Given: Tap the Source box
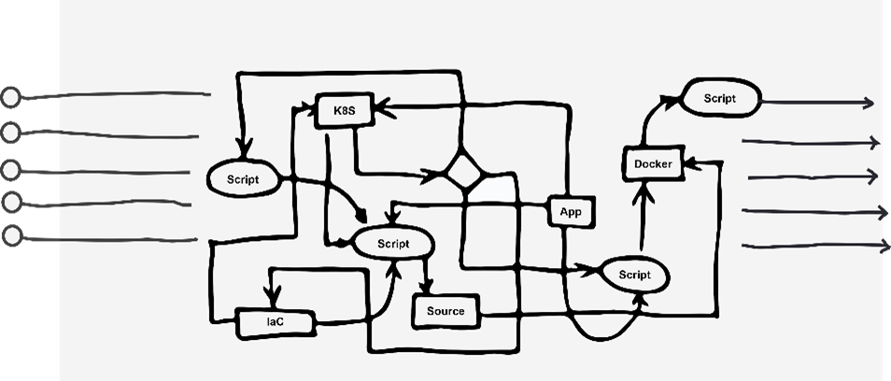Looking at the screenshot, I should click(445, 311).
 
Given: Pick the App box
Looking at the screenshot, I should click(570, 212).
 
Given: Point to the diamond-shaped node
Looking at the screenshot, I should click(463, 171).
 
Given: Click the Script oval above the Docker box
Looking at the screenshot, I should click(720, 98).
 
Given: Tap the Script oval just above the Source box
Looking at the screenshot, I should click(393, 243).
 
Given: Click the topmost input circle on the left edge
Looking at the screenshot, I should click(11, 97).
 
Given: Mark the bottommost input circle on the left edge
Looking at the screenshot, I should click(11, 236).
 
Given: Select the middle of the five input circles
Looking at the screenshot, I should click(11, 170).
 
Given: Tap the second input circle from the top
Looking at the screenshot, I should click(11, 133).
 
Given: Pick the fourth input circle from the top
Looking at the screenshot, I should click(11, 202).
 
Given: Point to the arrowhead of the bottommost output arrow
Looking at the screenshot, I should click(883, 247).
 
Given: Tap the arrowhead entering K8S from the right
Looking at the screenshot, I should click(381, 110).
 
